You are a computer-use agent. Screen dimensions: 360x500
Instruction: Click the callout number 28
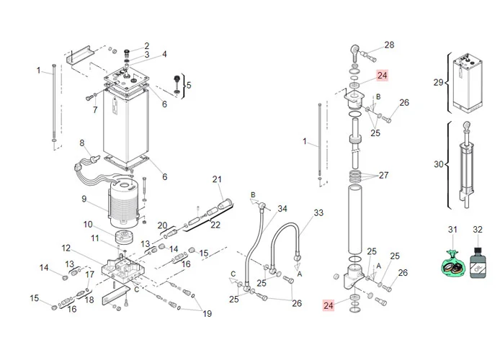tap(389, 45)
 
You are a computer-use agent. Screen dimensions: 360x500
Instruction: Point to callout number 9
tap(84, 199)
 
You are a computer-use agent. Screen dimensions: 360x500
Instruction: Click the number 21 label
tap(217, 179)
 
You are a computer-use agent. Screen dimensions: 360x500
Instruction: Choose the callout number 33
tap(318, 213)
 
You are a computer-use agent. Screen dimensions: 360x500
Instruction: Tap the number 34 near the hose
tap(282, 209)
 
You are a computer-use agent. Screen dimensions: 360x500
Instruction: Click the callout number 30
tap(439, 164)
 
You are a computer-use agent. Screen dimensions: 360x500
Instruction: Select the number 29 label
tap(438, 82)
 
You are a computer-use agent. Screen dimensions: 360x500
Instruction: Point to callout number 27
tap(383, 175)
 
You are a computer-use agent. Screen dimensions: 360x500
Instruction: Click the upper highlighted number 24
tap(382, 75)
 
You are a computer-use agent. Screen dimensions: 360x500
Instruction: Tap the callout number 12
tap(66, 248)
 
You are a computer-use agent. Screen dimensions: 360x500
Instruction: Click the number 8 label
tap(82, 143)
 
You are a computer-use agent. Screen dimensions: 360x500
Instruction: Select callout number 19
tap(207, 313)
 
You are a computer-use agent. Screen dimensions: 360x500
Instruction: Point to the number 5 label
tap(189, 86)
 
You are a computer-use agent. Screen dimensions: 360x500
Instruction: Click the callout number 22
tap(215, 225)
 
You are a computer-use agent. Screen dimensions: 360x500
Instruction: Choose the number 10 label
tap(88, 224)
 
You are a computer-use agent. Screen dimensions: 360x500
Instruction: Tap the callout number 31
tap(453, 229)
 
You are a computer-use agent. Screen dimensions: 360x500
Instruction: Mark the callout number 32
tap(477, 229)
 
